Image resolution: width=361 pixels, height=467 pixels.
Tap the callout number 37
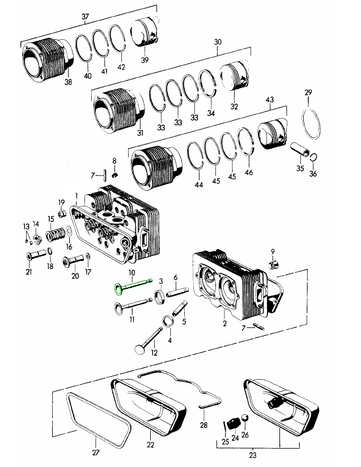[x=86, y=16]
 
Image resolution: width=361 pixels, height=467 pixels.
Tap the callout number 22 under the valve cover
[x=151, y=445]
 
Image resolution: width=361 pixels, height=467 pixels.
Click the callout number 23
[x=253, y=454]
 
